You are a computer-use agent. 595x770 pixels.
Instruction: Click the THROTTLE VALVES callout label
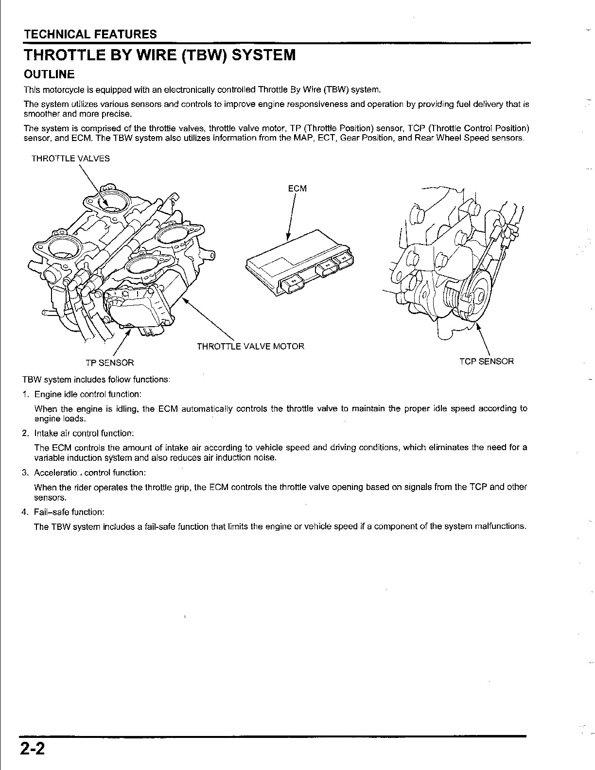70,158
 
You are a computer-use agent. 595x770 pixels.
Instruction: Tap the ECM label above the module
297,189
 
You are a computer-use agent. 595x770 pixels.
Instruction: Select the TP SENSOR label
110,363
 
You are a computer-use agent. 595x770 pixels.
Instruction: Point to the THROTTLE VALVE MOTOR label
250,346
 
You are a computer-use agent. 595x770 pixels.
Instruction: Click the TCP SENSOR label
487,362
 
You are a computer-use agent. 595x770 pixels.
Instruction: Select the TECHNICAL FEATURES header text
90,34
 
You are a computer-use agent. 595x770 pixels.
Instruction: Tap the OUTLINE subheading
49,74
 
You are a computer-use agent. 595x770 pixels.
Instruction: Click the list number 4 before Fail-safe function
25,512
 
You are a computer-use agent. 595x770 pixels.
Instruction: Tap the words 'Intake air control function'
83,434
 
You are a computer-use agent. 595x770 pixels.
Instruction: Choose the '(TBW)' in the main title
203,55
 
